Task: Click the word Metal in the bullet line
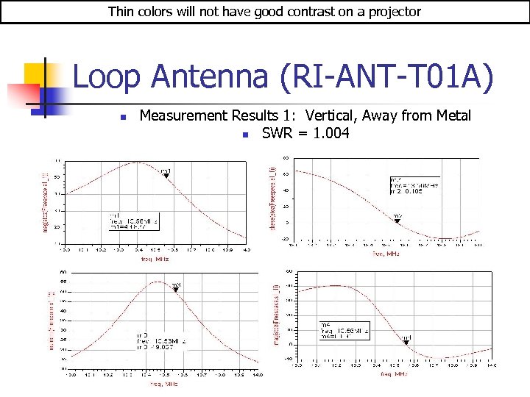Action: [x=452, y=115]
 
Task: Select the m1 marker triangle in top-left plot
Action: [x=166, y=176]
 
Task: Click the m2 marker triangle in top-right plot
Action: [x=397, y=221]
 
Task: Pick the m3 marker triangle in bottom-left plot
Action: [x=176, y=290]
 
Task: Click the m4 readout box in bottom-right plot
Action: [x=343, y=331]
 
